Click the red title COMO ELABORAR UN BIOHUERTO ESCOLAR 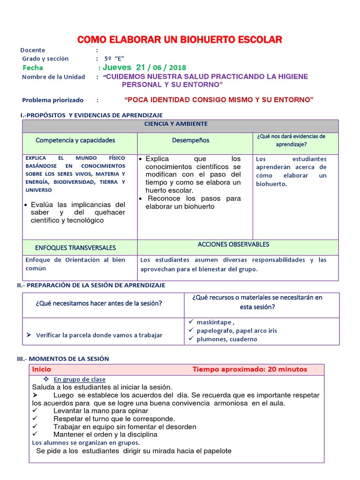[x=180, y=39]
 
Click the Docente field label [x=33, y=50]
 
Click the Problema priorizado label [x=52, y=100]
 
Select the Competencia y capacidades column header [x=75, y=140]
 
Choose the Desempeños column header [x=190, y=140]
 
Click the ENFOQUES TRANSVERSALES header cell [x=75, y=247]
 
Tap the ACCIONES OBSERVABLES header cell [x=233, y=245]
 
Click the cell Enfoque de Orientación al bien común [x=75, y=264]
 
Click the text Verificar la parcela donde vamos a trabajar [x=99, y=335]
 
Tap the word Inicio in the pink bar [x=42, y=369]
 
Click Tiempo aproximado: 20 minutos [x=249, y=369]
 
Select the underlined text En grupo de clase [x=79, y=379]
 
